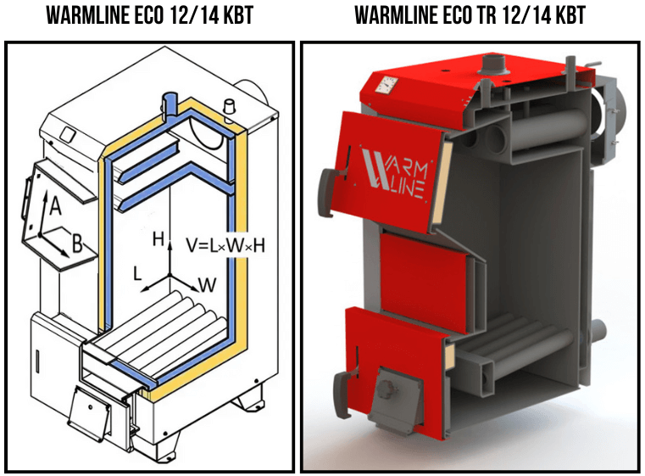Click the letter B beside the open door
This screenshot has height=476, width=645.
pos(77,246)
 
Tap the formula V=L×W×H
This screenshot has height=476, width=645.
pos(225,245)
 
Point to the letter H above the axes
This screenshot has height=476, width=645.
pos(158,240)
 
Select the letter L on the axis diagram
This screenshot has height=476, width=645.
pos(136,272)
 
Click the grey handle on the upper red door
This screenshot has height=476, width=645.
pos(327,182)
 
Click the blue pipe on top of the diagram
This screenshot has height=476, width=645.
pos(170,103)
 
